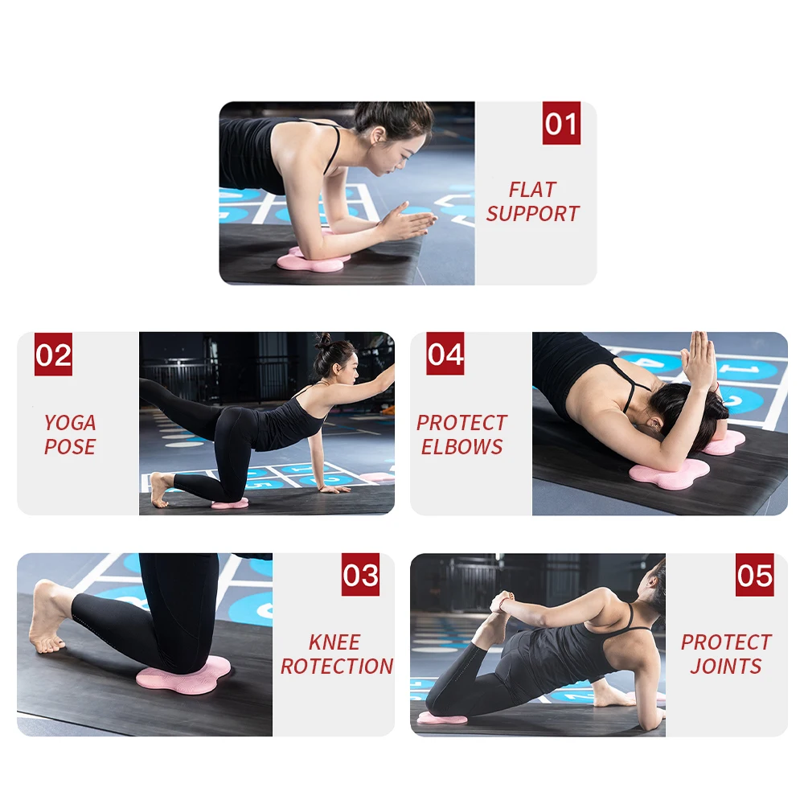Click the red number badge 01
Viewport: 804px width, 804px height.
click(560, 124)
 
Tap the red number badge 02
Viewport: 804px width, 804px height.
click(53, 355)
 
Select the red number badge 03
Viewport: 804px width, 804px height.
click(360, 575)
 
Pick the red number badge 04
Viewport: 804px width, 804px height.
click(445, 355)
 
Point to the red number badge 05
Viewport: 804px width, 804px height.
click(754, 575)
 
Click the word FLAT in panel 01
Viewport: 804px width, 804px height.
click(532, 190)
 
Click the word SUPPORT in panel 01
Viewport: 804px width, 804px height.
click(532, 214)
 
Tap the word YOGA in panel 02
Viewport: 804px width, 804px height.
click(70, 423)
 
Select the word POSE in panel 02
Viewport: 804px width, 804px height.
click(70, 447)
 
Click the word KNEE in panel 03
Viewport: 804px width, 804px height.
click(334, 642)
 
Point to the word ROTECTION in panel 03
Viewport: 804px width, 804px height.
click(337, 667)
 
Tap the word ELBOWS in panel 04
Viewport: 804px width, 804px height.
click(461, 447)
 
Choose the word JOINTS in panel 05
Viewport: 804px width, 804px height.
click(725, 667)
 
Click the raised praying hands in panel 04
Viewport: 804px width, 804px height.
click(698, 359)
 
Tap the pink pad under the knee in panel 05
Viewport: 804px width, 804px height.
click(441, 718)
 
